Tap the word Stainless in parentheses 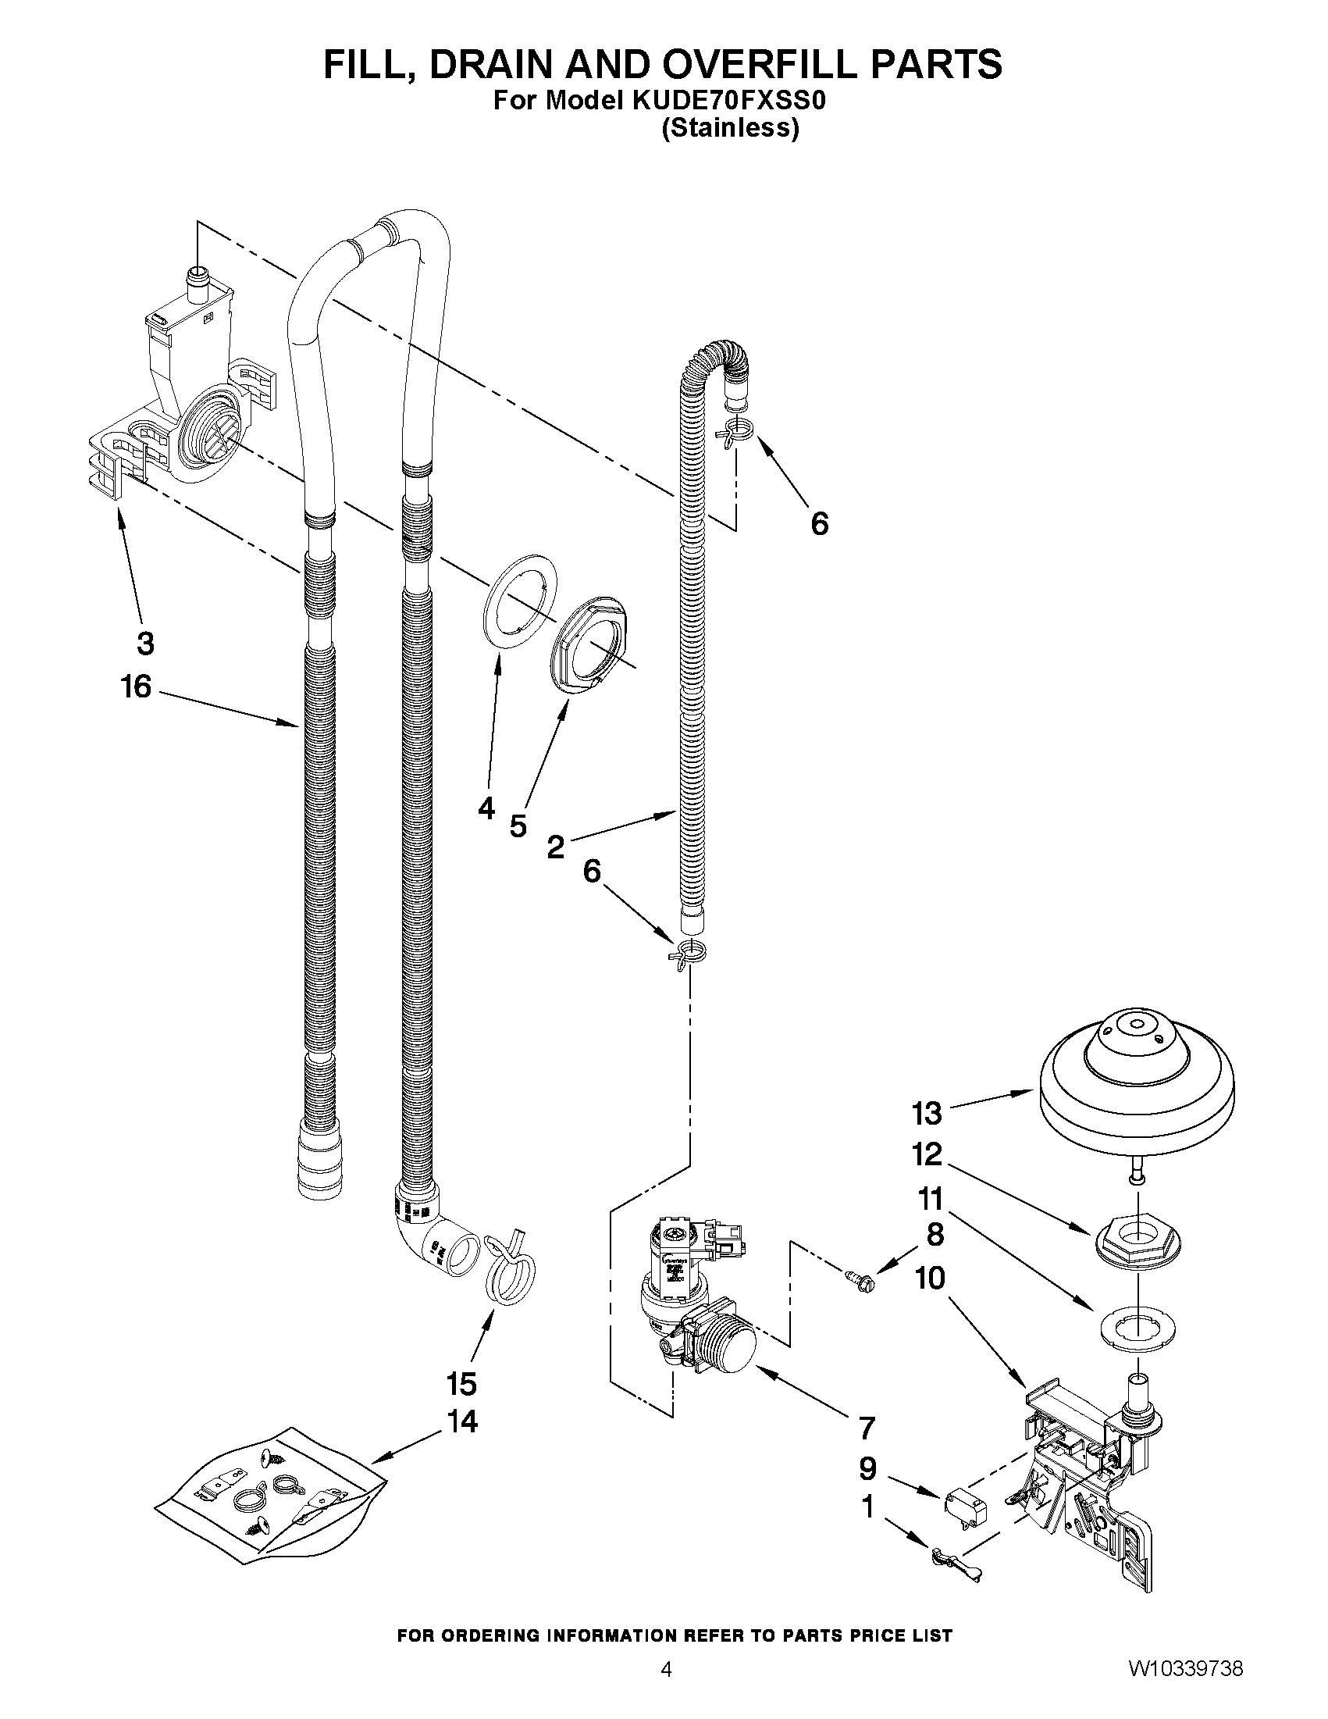point(730,127)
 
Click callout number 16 point(135,687)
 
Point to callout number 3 point(145,643)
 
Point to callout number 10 point(929,1279)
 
